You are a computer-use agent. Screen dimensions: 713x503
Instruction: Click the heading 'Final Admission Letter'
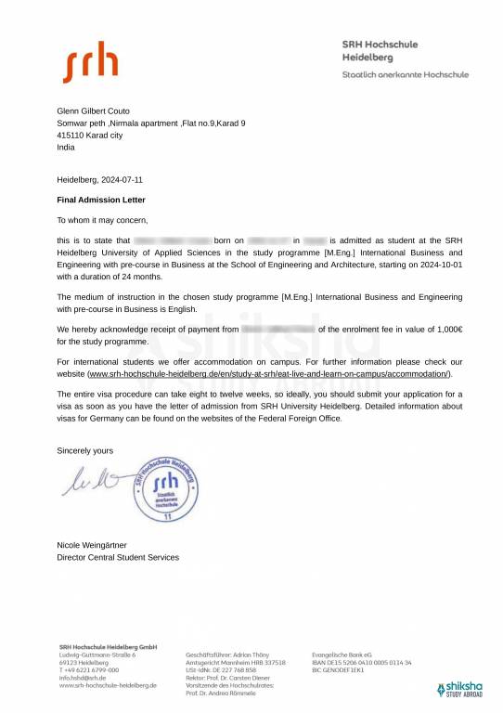101,200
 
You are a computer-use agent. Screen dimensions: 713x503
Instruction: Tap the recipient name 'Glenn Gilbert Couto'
94,110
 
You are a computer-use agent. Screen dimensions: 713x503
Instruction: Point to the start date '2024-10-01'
439,265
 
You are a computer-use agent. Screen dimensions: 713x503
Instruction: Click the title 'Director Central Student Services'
118,557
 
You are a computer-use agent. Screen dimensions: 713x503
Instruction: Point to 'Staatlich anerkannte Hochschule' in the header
405,74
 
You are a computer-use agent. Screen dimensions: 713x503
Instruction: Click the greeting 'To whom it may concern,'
102,220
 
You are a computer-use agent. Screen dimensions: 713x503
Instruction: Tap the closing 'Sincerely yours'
85,450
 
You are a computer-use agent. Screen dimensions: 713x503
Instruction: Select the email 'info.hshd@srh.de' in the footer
82,678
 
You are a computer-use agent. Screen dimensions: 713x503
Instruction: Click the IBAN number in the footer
362,662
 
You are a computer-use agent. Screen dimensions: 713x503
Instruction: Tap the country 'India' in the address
65,147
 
